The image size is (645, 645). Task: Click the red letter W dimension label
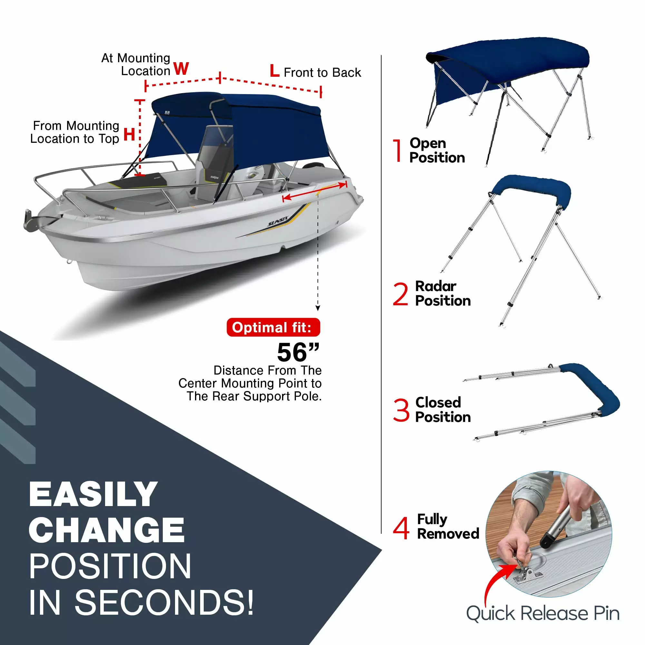(x=181, y=69)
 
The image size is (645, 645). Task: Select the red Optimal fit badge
(x=273, y=327)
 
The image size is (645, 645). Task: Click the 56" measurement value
(x=298, y=353)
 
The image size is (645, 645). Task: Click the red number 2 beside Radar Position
(x=400, y=294)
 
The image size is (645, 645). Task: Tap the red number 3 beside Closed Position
(x=401, y=410)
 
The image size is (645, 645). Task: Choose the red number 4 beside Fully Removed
(x=401, y=528)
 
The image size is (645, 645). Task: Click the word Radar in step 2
(x=436, y=286)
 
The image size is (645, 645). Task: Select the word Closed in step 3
(x=438, y=402)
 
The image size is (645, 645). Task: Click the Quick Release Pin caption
(x=543, y=614)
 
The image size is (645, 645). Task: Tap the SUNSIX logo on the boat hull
(x=278, y=221)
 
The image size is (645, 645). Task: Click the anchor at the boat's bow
(x=34, y=220)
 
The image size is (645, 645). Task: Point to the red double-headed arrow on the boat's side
(x=315, y=191)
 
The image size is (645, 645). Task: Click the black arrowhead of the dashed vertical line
(x=318, y=308)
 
